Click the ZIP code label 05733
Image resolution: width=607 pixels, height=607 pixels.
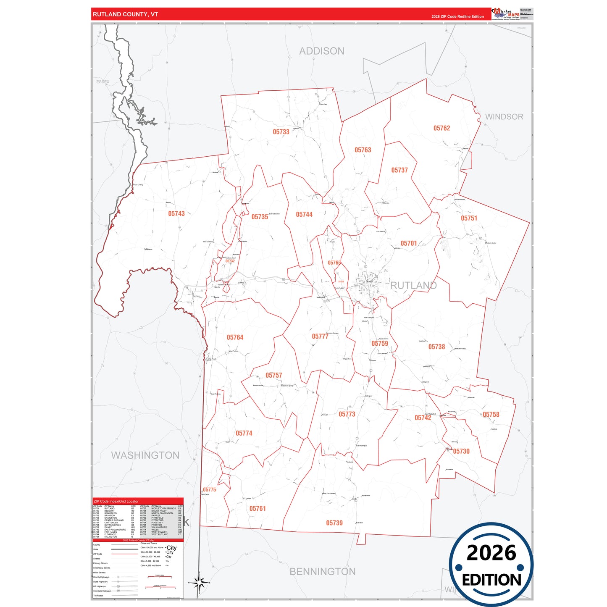tap(281, 132)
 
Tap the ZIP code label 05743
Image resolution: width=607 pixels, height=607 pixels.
tap(176, 214)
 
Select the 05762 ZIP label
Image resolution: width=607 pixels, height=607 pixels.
tap(441, 128)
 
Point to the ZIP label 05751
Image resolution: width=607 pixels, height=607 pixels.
tap(469, 218)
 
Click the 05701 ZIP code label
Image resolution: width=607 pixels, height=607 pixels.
tap(408, 243)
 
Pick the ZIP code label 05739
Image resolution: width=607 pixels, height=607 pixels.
tap(334, 523)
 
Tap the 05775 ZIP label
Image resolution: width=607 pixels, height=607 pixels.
tap(209, 490)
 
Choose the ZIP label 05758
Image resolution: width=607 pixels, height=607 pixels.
tap(491, 415)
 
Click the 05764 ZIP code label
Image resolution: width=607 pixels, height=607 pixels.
tap(235, 337)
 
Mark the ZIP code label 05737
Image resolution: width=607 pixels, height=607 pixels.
tap(399, 170)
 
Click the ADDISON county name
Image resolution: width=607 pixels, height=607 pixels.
tap(322, 51)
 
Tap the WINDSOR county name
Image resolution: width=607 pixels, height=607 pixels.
tap(504, 117)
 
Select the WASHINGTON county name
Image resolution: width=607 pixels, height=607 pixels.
tap(145, 455)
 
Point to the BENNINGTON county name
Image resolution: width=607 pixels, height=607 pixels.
tap(323, 571)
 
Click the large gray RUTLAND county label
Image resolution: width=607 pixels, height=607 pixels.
tap(413, 286)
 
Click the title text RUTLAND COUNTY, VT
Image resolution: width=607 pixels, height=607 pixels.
tap(126, 14)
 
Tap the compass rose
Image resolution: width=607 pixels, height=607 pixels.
tap(200, 583)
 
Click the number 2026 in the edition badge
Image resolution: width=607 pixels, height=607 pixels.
tap(491, 553)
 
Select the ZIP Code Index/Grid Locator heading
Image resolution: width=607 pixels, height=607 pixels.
tap(116, 501)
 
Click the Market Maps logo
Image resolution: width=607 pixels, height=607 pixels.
tap(506, 13)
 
